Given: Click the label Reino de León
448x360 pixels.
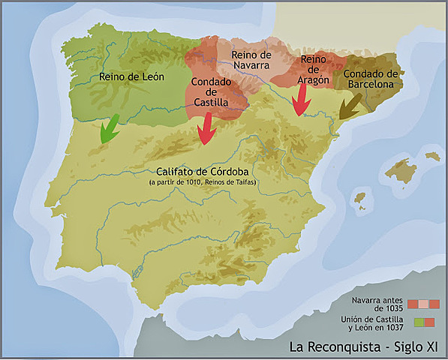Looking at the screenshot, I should [131, 76].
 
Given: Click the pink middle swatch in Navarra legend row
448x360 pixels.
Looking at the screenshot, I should [424, 304].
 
